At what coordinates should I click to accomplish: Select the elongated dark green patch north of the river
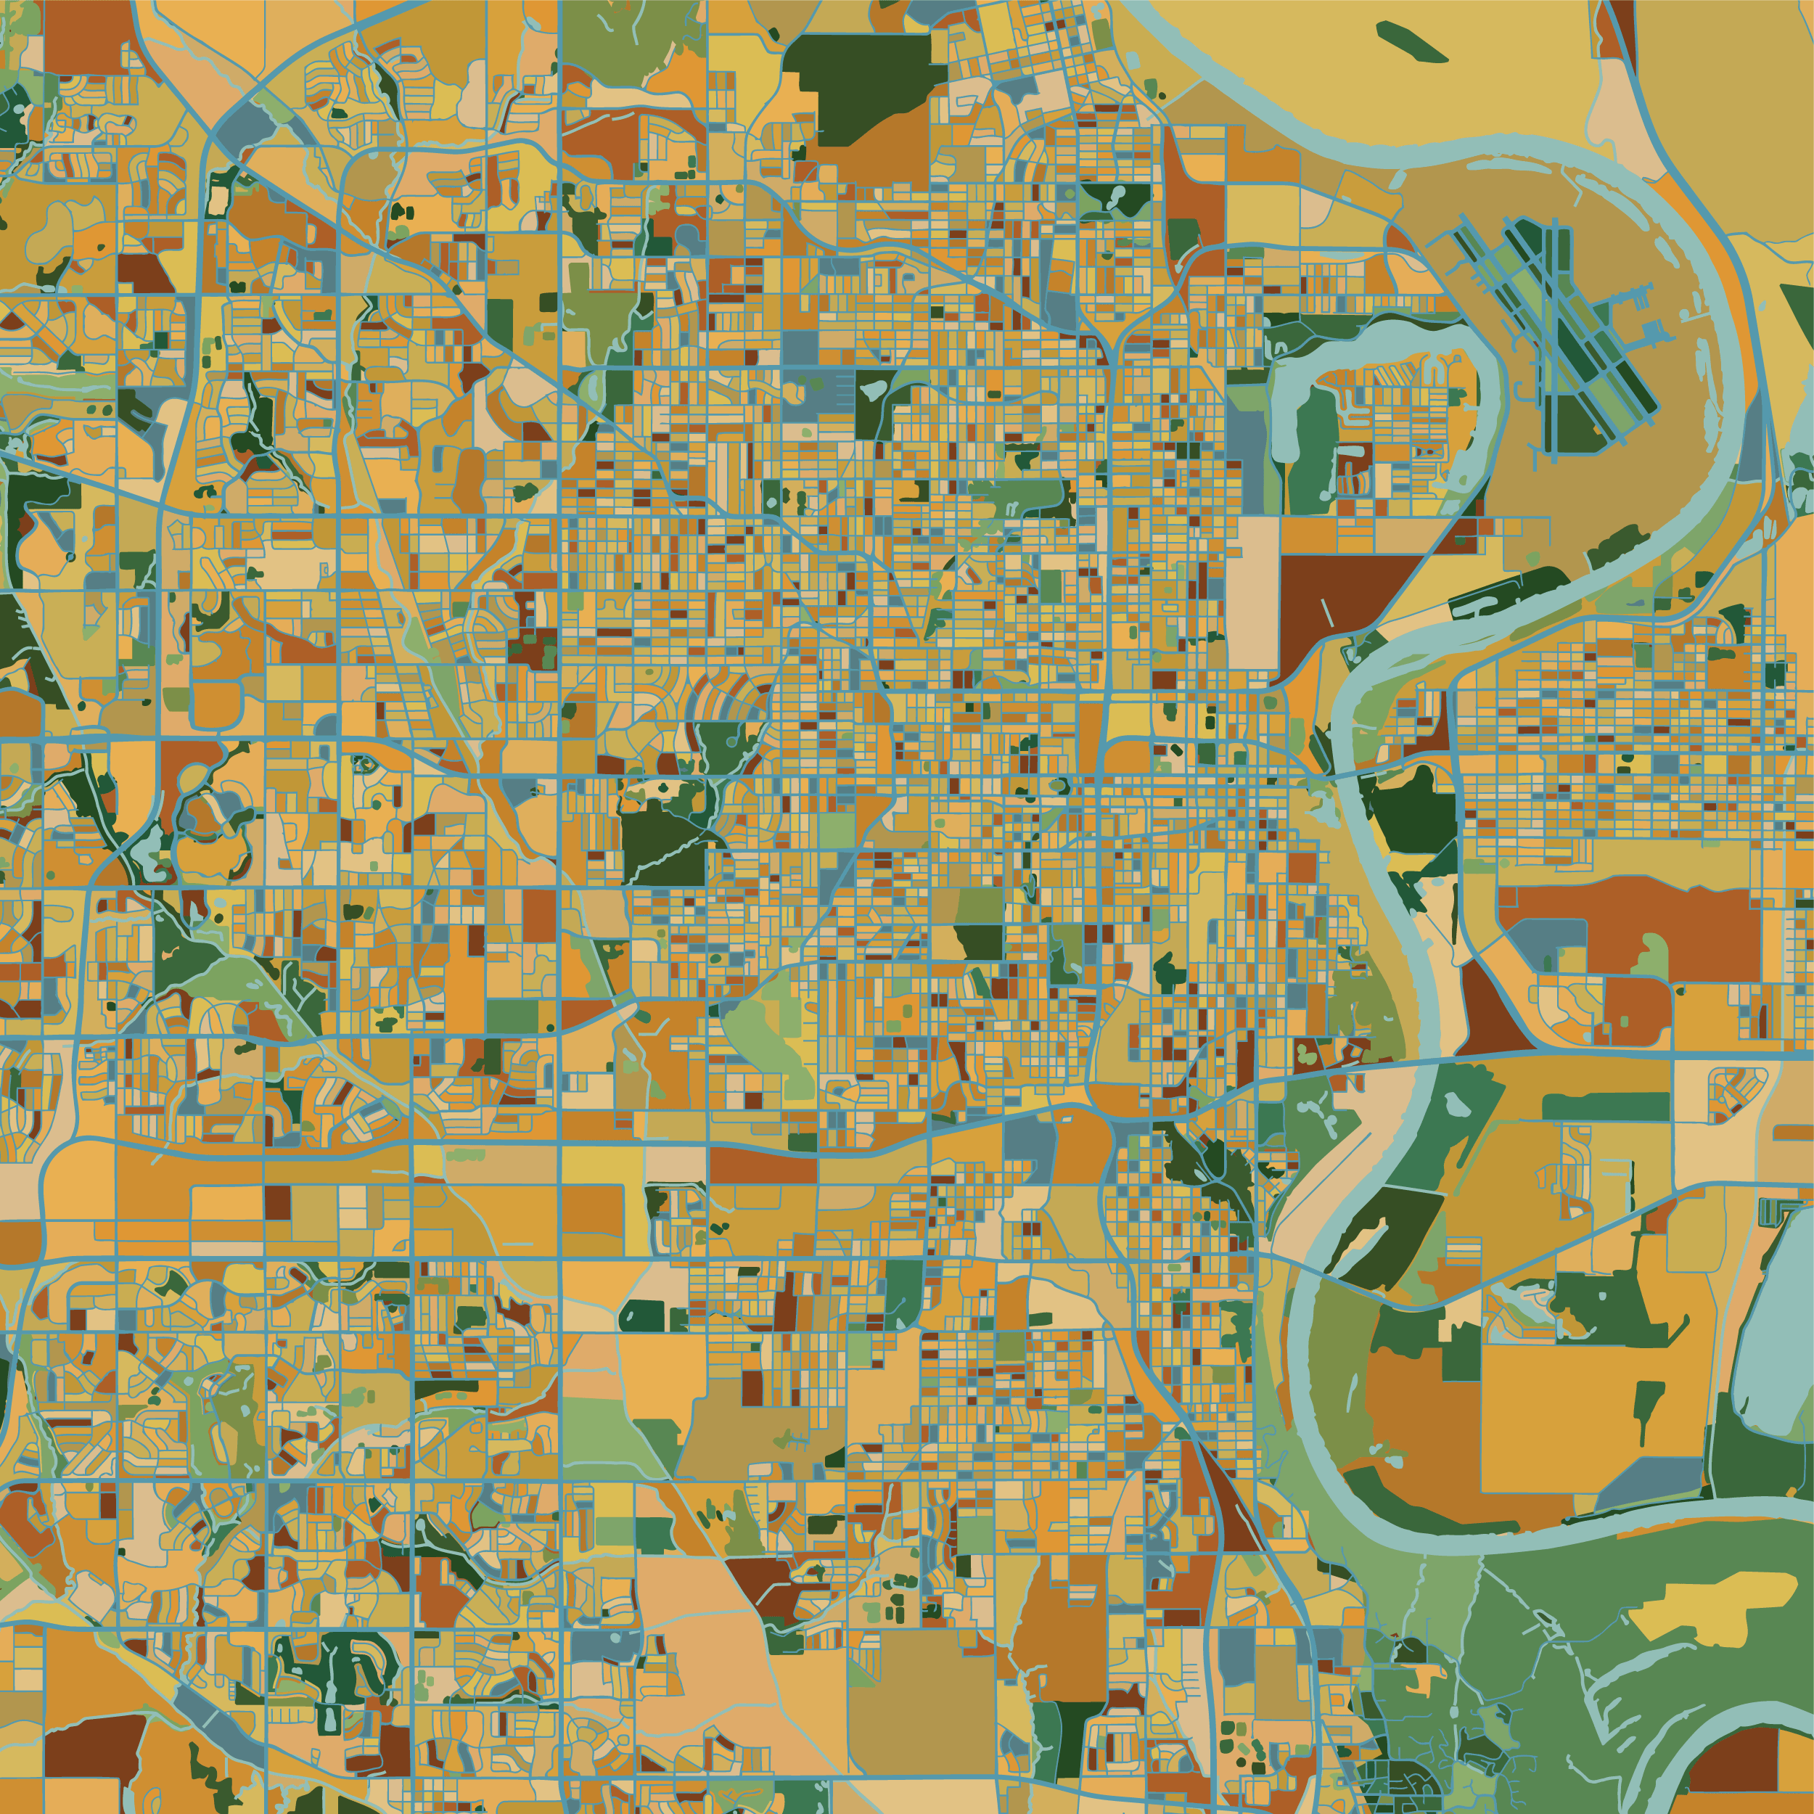tap(1411, 42)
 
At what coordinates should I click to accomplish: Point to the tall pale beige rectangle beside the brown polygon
tap(1253, 591)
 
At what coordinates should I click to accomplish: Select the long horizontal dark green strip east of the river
tap(1606, 1108)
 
